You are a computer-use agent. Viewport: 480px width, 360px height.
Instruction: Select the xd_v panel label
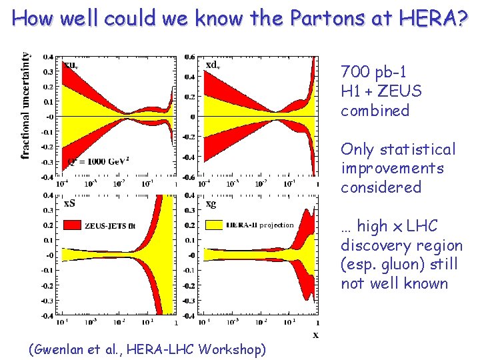213,65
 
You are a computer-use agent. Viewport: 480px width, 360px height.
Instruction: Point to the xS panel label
69,203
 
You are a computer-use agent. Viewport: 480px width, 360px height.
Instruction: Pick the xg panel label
211,203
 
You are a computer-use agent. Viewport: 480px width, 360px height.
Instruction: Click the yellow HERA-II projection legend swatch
215,225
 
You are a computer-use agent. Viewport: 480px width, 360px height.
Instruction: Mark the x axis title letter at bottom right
315,334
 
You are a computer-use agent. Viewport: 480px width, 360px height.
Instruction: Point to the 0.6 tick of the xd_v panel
190,57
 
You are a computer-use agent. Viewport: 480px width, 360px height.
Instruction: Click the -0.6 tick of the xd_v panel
189,177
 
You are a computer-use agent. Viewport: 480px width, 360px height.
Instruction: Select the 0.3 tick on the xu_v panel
49,72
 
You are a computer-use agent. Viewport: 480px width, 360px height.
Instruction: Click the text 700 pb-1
373,72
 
